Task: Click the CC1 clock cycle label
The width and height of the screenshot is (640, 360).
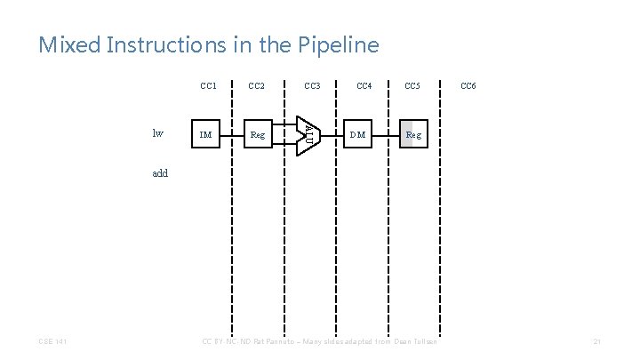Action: pyautogui.click(x=209, y=86)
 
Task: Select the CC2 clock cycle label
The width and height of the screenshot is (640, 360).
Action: pyautogui.click(x=258, y=86)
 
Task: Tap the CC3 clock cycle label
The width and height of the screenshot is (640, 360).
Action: pyautogui.click(x=312, y=86)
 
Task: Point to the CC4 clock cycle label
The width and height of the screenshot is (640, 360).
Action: pyautogui.click(x=364, y=86)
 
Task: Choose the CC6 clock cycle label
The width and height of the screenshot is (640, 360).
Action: pyautogui.click(x=468, y=86)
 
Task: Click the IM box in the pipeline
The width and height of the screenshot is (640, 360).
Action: pyautogui.click(x=206, y=135)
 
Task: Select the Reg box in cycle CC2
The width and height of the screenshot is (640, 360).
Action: pyautogui.click(x=258, y=135)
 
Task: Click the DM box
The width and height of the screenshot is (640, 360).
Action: pyautogui.click(x=357, y=135)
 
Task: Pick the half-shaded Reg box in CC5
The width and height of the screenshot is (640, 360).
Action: pyautogui.click(x=413, y=135)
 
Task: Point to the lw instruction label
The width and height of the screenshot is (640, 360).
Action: pyautogui.click(x=158, y=134)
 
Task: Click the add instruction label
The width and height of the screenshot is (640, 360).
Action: pyautogui.click(x=160, y=173)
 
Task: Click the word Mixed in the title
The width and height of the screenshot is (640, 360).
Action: pyautogui.click(x=69, y=44)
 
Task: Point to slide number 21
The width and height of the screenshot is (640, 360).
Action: pyautogui.click(x=597, y=341)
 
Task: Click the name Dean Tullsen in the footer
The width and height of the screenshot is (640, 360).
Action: pyautogui.click(x=420, y=341)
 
